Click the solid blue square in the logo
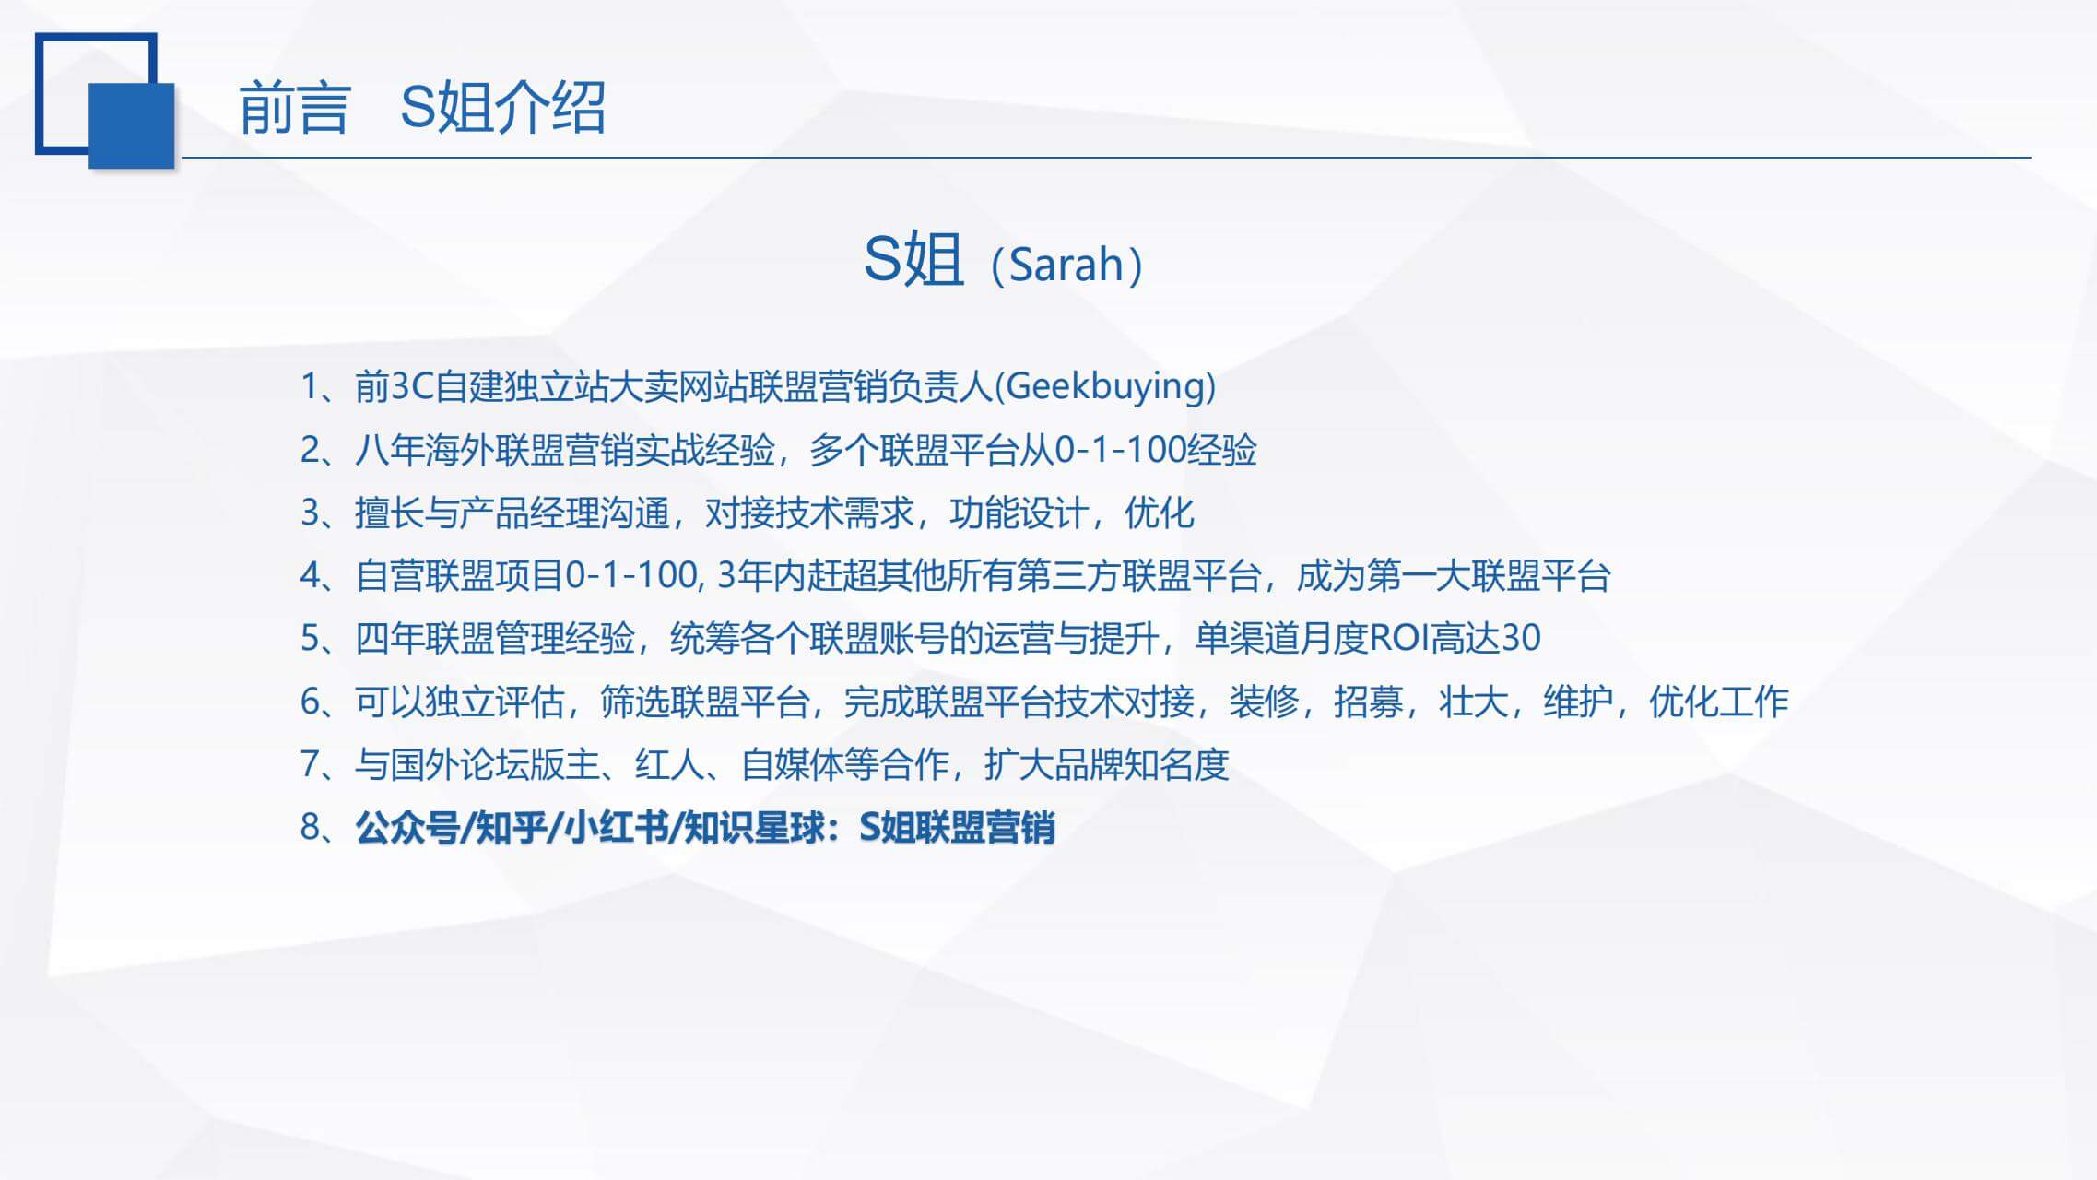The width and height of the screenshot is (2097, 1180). click(132, 125)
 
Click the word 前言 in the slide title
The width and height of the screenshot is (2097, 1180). click(294, 108)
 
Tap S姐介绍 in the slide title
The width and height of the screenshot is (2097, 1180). click(503, 107)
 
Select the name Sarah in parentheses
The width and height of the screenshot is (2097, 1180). click(1066, 265)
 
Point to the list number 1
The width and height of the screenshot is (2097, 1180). click(310, 386)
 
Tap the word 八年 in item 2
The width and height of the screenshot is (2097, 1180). click(390, 450)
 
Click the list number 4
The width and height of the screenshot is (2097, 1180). click(310, 575)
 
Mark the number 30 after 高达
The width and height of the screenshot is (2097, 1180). click(1522, 638)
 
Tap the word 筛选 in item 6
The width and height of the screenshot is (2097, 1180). click(635, 702)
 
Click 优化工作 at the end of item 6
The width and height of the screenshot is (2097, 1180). click(1719, 702)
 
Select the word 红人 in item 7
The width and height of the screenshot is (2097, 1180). click(670, 764)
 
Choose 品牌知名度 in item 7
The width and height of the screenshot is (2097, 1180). click(1142, 764)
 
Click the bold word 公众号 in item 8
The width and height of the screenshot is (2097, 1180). click(407, 828)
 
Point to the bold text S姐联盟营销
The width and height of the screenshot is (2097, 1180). click(957, 828)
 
